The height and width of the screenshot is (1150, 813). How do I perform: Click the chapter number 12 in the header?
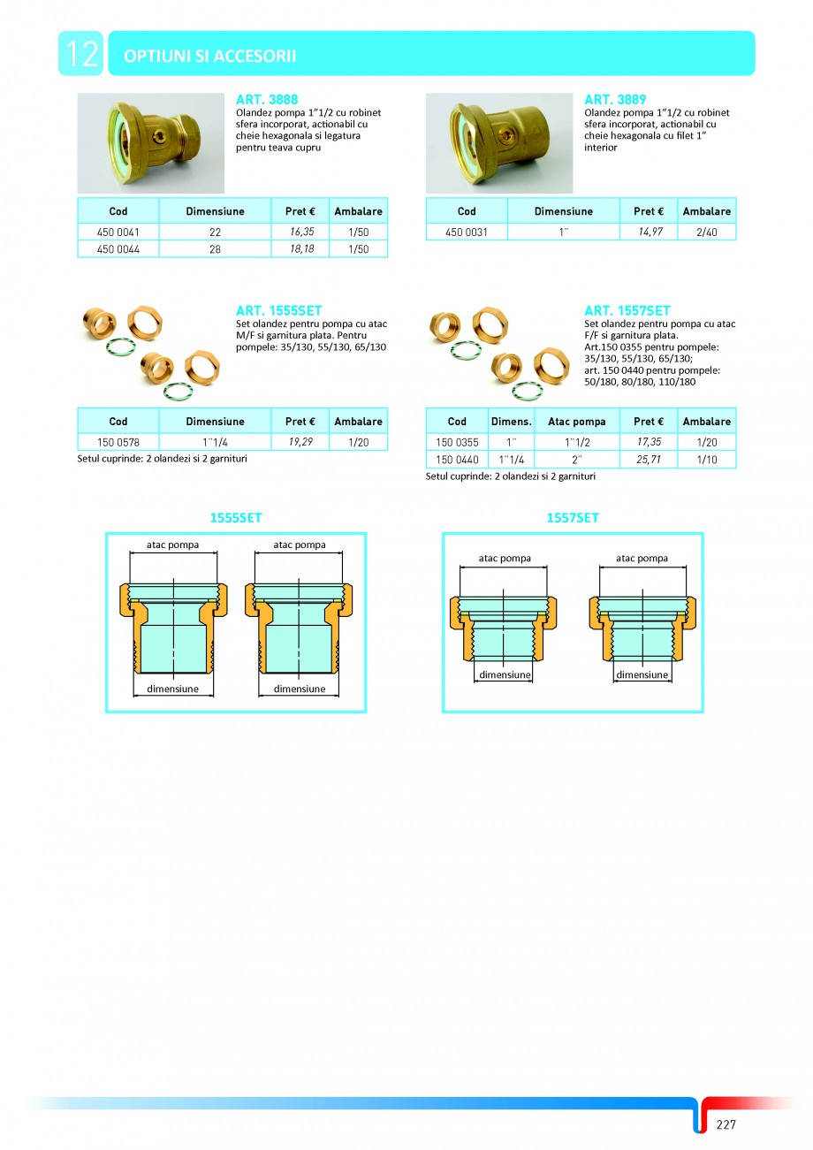(80, 54)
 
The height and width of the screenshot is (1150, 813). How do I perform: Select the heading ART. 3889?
(615, 100)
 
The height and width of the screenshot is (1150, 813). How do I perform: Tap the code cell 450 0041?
(118, 232)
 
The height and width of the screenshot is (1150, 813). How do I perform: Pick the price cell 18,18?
(300, 249)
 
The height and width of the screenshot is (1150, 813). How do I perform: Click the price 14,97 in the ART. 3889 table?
(649, 232)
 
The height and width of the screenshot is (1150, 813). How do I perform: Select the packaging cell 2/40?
(706, 232)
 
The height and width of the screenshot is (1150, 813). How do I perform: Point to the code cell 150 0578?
(118, 441)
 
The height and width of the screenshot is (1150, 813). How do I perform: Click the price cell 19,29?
(300, 441)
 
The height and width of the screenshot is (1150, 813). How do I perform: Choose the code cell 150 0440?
(457, 460)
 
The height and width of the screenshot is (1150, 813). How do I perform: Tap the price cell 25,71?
(648, 460)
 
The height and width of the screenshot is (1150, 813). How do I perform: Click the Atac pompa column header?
(577, 422)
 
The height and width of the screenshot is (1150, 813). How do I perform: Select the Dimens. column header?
(511, 422)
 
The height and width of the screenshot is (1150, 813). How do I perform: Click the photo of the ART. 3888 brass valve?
(151, 143)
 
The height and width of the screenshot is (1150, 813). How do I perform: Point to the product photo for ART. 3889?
(499, 143)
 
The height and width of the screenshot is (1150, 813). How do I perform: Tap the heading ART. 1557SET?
(627, 310)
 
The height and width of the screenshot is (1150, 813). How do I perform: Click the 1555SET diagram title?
(235, 518)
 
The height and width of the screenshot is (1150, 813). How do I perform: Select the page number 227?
(726, 1124)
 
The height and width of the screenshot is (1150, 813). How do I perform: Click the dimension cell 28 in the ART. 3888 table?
(216, 249)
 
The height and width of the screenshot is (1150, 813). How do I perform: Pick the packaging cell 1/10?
(706, 460)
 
